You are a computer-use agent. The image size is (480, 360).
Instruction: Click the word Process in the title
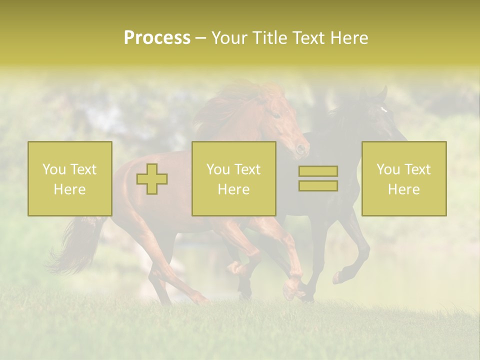[x=157, y=38]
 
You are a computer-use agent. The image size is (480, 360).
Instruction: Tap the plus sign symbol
[x=152, y=179]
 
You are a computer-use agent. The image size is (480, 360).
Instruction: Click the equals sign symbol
[x=318, y=178]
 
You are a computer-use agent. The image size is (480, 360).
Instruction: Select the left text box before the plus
[x=70, y=179]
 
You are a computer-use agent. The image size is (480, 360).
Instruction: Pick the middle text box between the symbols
[x=233, y=179]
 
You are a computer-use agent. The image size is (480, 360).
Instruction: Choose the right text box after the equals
[x=404, y=179]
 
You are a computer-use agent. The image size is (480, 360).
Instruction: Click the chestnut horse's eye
[x=275, y=114]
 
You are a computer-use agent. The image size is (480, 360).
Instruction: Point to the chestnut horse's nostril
[x=300, y=148]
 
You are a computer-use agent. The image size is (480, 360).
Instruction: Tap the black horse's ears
[x=381, y=93]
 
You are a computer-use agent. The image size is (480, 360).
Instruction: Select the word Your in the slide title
[x=227, y=38]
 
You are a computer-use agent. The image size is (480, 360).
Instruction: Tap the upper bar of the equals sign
[x=318, y=171]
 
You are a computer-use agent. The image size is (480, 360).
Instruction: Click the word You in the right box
[x=388, y=169]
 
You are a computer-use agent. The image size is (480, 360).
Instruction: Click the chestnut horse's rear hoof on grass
[x=202, y=300]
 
